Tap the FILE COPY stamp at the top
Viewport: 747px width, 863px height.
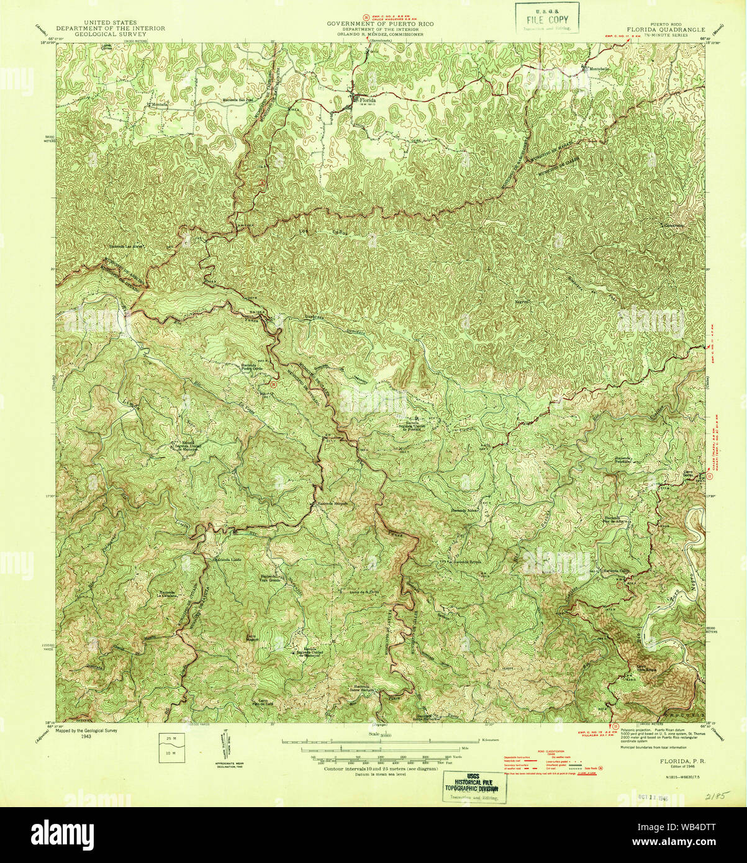coord(547,18)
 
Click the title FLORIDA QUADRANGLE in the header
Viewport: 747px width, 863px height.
coord(666,29)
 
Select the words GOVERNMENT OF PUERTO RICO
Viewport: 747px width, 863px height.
coord(381,24)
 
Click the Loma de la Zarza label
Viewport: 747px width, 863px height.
coord(364,592)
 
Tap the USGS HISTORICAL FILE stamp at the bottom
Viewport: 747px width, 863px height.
coord(474,786)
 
